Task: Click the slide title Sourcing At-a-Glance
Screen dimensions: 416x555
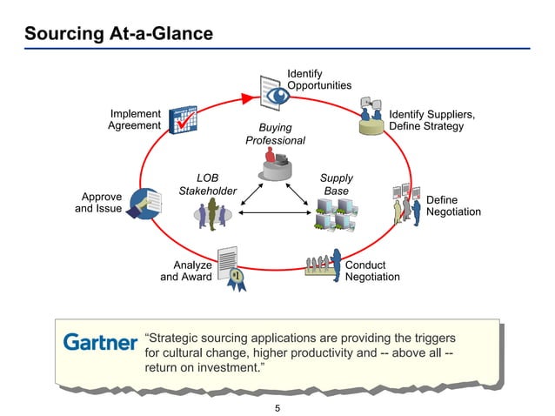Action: pos(118,34)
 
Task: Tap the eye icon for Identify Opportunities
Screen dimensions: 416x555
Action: pos(275,91)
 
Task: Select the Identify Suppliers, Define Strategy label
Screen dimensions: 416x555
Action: pos(431,120)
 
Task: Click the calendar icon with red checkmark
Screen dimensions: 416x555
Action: pos(184,120)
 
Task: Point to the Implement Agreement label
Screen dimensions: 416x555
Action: pos(134,120)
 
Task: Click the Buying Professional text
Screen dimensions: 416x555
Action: pos(275,134)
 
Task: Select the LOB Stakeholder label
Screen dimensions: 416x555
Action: pos(207,184)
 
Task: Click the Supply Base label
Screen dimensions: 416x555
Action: pos(336,184)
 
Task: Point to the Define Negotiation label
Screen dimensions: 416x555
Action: pos(453,206)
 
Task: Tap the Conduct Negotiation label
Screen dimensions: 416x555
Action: pos(372,271)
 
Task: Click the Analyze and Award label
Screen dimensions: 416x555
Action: pos(186,271)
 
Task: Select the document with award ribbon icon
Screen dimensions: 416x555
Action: pos(231,266)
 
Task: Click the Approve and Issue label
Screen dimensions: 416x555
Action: pos(97,203)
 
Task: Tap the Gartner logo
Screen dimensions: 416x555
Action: pos(100,343)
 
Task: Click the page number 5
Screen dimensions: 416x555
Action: pos(277,406)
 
